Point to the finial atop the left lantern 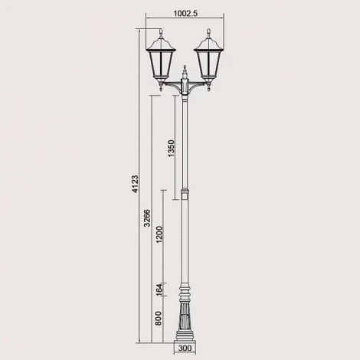pos(162,32)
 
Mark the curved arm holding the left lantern pos(172,90)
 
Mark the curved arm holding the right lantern pos(199,90)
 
